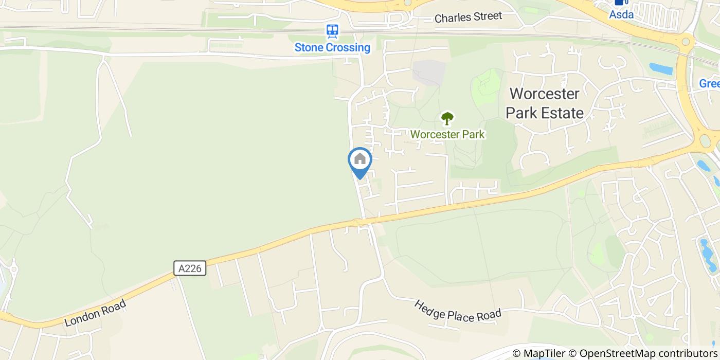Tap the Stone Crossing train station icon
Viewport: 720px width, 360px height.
[332, 31]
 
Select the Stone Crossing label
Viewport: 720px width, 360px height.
[332, 48]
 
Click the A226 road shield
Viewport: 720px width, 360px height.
[190, 268]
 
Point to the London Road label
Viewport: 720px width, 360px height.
[96, 313]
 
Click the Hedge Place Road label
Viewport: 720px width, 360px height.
[457, 311]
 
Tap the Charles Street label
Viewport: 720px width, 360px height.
[468, 17]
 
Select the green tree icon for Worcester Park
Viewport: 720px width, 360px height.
[447, 118]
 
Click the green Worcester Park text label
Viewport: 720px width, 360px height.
[447, 135]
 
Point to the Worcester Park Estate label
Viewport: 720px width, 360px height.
[545, 103]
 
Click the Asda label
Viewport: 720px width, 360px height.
[621, 15]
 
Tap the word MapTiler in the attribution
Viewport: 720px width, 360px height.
[543, 353]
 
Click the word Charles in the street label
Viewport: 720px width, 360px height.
[453, 18]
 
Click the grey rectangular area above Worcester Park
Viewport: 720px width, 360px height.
[428, 73]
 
